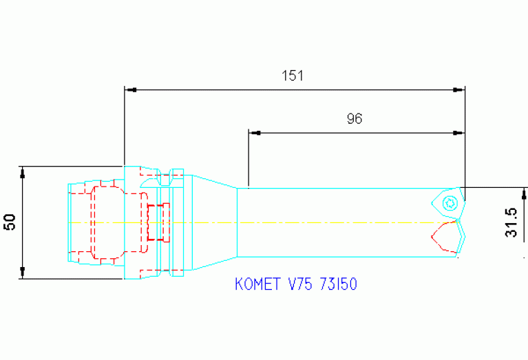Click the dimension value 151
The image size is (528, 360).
pyautogui.click(x=293, y=76)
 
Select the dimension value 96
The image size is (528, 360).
pyautogui.click(x=354, y=118)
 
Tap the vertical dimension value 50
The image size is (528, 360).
pyautogui.click(x=10, y=222)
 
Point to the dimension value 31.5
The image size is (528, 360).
pyautogui.click(x=511, y=223)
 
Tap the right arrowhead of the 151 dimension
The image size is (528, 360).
pyautogui.click(x=458, y=89)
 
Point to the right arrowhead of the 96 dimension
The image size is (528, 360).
pyautogui.click(x=458, y=131)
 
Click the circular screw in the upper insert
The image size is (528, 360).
pyautogui.click(x=450, y=202)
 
